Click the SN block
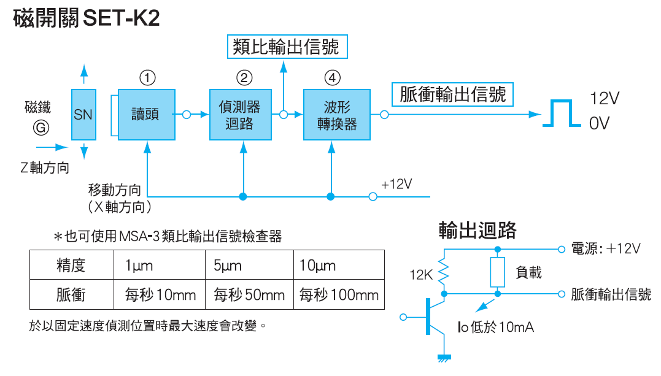point(83,115)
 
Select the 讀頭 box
point(147,115)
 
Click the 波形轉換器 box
point(337,115)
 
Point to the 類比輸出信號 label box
point(287,47)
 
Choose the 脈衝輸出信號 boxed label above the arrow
point(452,94)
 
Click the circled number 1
point(147,78)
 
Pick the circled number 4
point(332,78)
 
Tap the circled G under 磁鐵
point(41,128)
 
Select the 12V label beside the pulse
point(605,98)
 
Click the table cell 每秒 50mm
point(249,295)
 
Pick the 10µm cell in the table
point(317,266)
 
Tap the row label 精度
point(71,266)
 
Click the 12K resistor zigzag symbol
point(443,274)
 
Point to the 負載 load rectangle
point(497,272)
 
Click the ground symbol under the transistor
point(443,358)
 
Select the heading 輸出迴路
point(477,229)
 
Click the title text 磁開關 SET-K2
point(86,18)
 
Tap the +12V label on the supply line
point(396,184)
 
